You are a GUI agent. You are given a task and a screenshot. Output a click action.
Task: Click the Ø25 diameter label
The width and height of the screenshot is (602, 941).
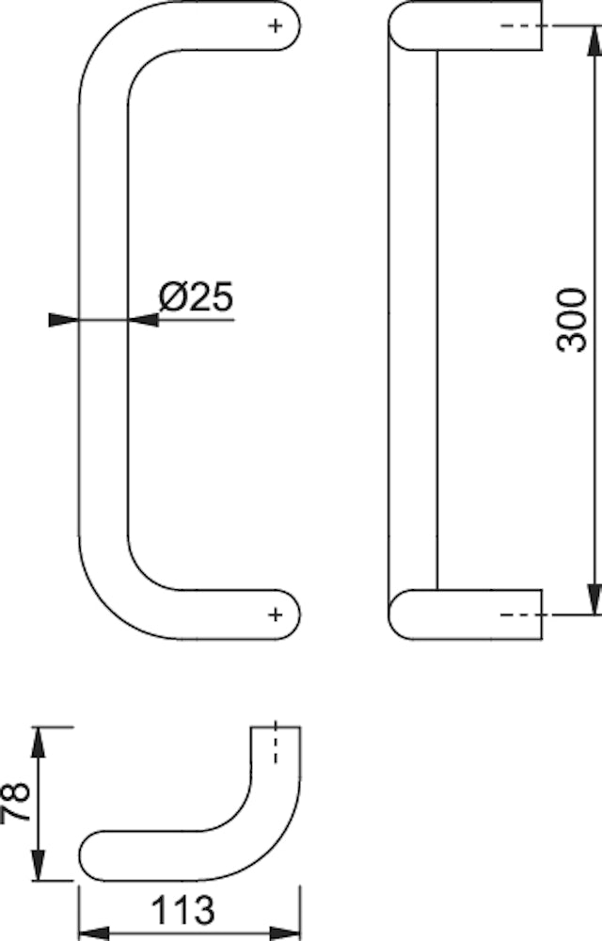pyautogui.click(x=196, y=296)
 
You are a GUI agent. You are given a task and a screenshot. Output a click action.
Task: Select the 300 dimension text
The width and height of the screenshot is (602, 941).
pyautogui.click(x=571, y=320)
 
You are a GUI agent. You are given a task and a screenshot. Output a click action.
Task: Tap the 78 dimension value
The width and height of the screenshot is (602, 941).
pyautogui.click(x=16, y=801)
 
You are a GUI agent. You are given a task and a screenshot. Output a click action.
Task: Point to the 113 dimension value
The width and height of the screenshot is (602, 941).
pyautogui.click(x=182, y=910)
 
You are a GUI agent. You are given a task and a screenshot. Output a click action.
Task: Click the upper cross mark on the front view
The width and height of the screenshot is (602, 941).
pyautogui.click(x=276, y=25)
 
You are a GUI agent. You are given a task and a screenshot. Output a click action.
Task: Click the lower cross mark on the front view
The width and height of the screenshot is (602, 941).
pyautogui.click(x=276, y=614)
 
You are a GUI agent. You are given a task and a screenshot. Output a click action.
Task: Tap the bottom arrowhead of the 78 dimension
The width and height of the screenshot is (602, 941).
pyautogui.click(x=39, y=865)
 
